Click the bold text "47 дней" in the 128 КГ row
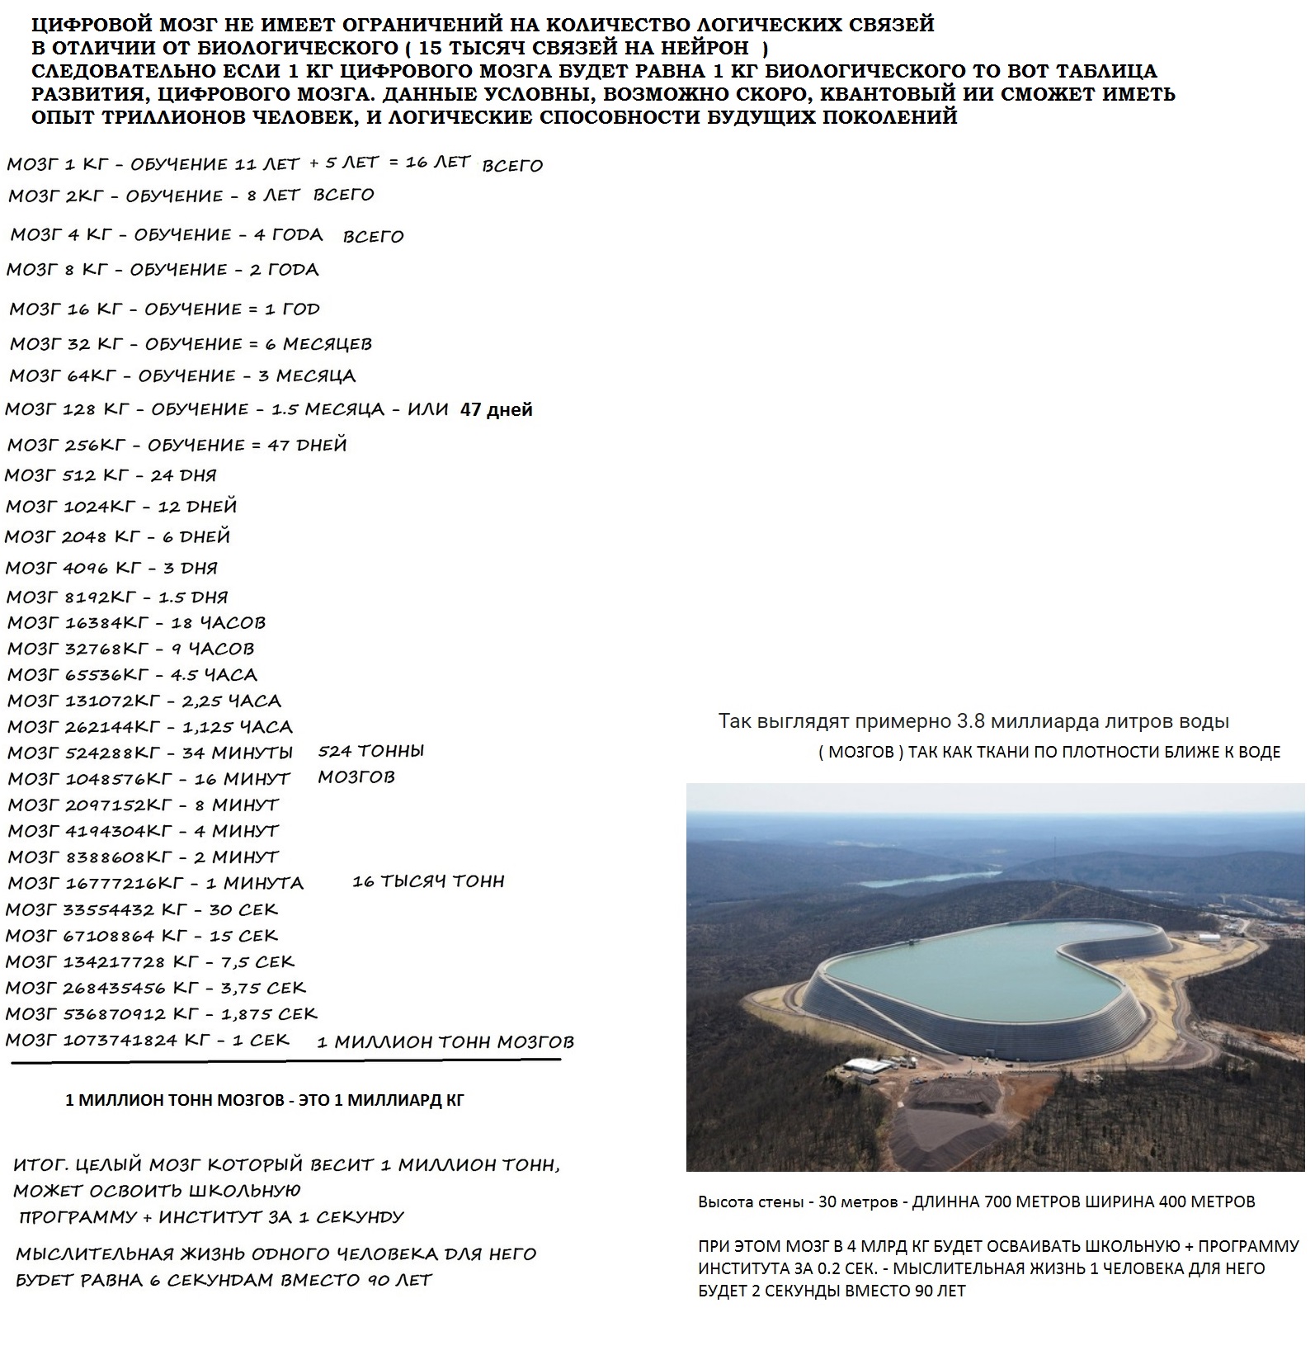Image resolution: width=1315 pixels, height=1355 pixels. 496,409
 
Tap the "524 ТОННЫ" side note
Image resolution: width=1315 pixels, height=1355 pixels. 371,751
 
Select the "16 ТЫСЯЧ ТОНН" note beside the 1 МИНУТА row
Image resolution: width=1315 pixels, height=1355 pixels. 428,881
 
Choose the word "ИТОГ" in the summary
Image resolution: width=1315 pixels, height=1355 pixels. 40,1166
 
